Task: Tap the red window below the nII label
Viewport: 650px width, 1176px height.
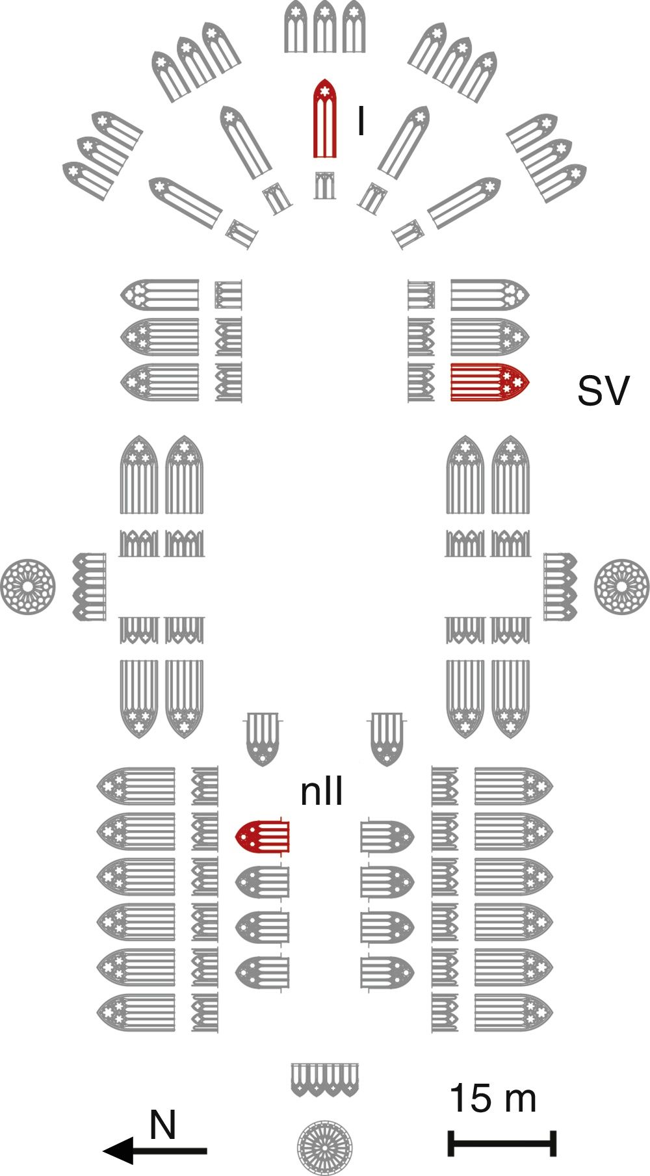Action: (x=262, y=837)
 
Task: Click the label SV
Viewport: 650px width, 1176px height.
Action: (x=603, y=391)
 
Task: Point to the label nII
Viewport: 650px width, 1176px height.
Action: (x=321, y=792)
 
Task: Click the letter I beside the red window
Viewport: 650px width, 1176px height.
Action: (x=361, y=121)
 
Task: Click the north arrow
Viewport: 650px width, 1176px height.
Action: (x=155, y=1151)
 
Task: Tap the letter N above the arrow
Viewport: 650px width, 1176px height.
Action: (x=162, y=1125)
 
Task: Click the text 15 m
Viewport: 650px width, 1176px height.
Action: (x=493, y=1098)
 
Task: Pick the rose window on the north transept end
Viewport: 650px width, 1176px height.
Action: (x=28, y=586)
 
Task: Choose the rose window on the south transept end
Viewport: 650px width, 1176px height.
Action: (x=622, y=586)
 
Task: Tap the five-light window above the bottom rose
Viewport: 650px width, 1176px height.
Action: (x=325, y=1080)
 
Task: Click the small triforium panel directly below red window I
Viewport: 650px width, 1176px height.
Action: (x=324, y=185)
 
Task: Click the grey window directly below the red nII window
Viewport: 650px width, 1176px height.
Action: (x=262, y=882)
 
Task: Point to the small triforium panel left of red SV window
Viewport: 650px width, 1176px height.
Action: (x=421, y=382)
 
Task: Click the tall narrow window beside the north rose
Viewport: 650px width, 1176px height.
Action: (x=89, y=586)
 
